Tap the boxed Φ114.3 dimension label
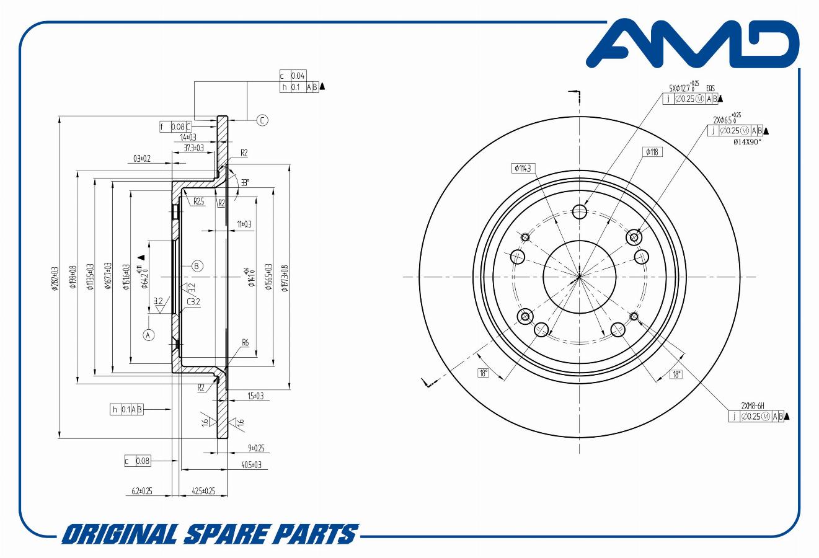525,168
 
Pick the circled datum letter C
262,120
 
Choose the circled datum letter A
148,335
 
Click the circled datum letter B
197,265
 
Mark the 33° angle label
245,182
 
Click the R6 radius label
246,342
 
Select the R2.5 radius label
198,201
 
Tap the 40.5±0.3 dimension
251,464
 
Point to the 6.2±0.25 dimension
142,491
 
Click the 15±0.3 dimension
255,396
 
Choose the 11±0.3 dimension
244,224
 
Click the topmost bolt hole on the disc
579,213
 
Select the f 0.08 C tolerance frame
175,127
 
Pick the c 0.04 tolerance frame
293,76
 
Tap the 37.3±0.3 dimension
194,148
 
